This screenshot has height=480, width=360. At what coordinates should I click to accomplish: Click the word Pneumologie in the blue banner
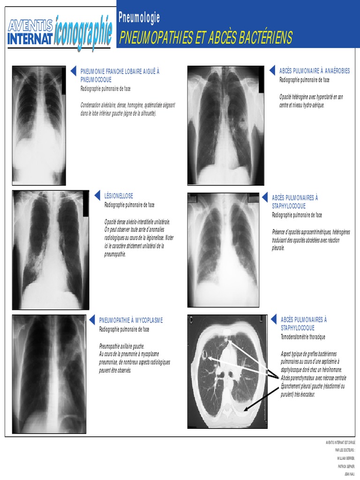[139, 18]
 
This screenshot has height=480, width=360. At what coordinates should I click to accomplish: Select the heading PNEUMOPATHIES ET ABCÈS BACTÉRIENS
[206, 38]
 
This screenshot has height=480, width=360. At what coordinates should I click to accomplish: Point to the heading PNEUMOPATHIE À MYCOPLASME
[131, 320]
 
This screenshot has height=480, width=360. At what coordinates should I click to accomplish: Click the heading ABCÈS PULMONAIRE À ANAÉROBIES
[314, 71]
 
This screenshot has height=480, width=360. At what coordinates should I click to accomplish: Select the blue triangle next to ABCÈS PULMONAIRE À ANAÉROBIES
[271, 71]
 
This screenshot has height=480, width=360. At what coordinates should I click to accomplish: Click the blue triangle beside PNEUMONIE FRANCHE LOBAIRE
[73, 71]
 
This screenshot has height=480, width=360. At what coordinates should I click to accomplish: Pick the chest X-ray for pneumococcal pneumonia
[39, 125]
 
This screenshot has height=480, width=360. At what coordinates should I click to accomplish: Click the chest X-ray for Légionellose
[51, 249]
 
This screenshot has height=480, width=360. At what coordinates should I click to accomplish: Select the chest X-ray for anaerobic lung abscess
[225, 125]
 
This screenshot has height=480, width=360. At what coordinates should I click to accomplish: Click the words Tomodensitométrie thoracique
[303, 337]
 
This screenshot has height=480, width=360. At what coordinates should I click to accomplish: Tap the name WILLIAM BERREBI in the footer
[346, 457]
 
